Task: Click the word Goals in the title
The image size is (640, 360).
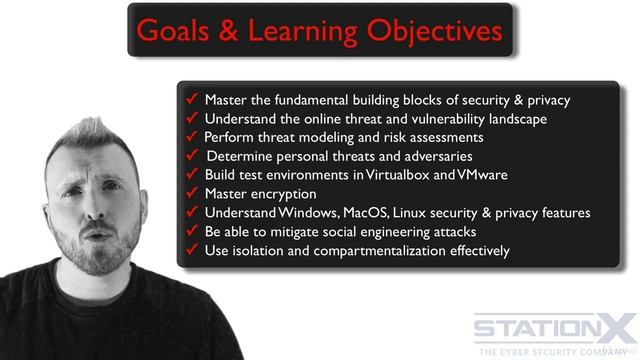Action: pos(172,30)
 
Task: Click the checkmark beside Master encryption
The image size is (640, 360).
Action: pos(193,194)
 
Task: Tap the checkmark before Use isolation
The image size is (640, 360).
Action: pos(193,250)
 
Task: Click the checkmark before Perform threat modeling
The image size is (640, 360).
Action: pos(193,137)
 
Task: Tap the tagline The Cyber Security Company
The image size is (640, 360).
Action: pos(555,351)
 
